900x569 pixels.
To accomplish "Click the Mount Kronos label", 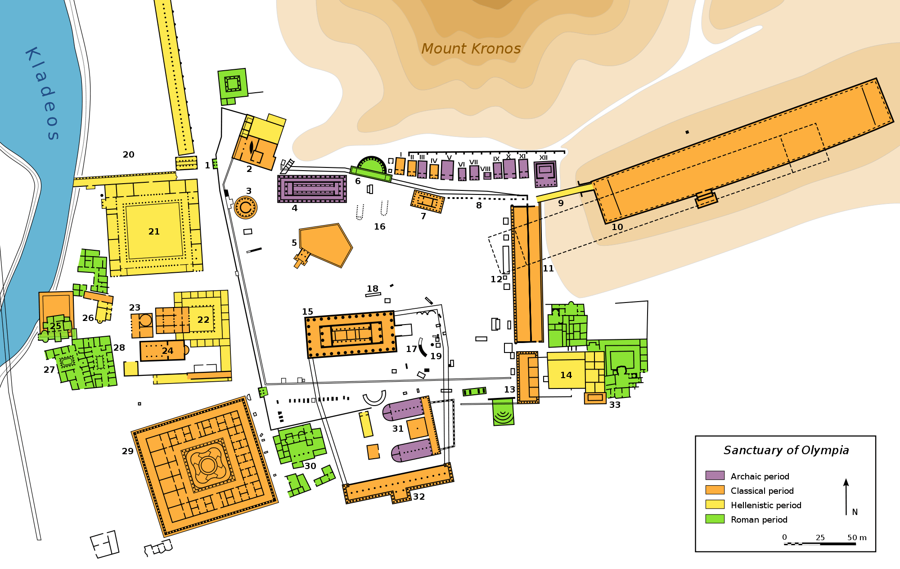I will click(x=471, y=49).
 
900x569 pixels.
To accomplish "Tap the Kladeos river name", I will click(x=41, y=94).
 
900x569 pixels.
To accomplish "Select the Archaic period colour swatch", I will click(x=715, y=475).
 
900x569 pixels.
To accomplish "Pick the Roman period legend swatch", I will click(x=715, y=519).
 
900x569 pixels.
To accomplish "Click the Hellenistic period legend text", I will click(x=766, y=505).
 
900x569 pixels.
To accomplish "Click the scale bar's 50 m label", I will click(x=856, y=537).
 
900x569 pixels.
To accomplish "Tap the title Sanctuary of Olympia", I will click(x=786, y=450).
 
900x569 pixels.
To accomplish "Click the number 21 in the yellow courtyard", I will click(x=154, y=231).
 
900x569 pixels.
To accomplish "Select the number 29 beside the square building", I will click(x=128, y=451).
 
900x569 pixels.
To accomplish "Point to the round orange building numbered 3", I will click(x=245, y=208).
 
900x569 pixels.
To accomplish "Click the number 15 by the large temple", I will click(x=307, y=312).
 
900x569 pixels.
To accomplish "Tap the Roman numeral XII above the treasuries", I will click(x=544, y=158).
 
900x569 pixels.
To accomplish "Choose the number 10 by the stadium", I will click(x=617, y=227).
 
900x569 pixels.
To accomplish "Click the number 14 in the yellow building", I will click(x=566, y=375).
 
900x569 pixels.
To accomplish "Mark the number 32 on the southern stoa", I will click(x=419, y=497).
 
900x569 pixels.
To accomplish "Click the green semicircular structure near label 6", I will click(x=372, y=166).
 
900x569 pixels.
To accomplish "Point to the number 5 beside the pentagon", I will click(x=294, y=243).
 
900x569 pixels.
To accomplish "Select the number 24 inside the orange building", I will click(x=167, y=351).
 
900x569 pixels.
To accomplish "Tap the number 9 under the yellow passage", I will click(x=561, y=203).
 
